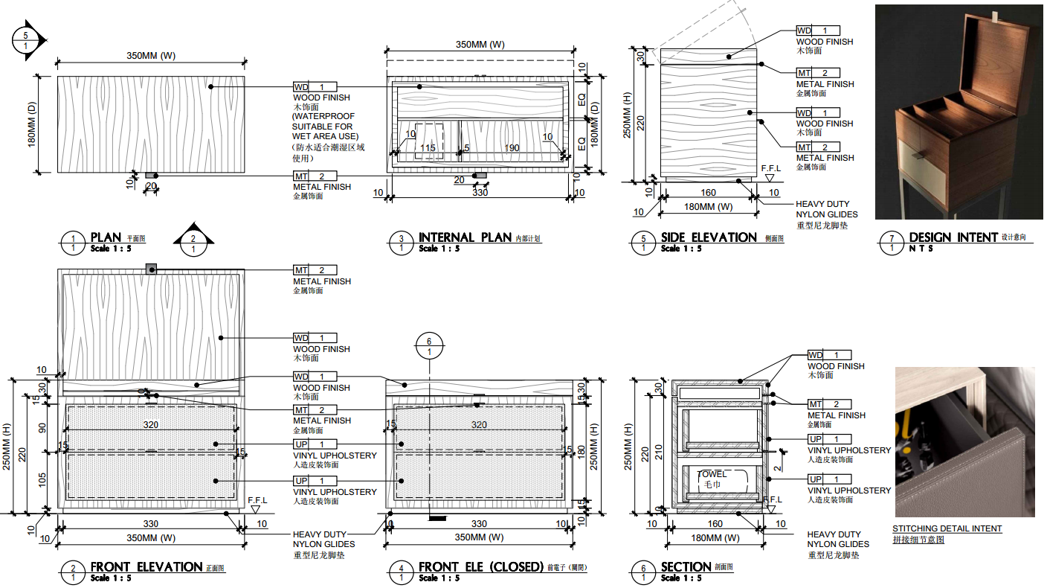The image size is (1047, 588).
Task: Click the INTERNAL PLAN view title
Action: [x=465, y=237]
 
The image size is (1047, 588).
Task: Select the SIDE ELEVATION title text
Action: [x=709, y=237]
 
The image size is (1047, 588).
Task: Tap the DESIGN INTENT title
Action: [x=953, y=237]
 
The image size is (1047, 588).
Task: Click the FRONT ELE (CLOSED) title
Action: [x=480, y=567]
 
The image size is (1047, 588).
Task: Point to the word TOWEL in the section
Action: [x=712, y=474]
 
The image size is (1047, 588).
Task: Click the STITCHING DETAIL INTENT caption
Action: [x=947, y=528]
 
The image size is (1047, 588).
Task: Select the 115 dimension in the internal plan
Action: [x=428, y=148]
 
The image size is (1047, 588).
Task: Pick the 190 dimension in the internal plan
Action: [x=512, y=148]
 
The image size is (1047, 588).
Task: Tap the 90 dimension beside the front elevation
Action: [x=43, y=427]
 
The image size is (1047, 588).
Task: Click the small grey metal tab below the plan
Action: [x=151, y=176]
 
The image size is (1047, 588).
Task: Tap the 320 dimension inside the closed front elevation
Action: [x=479, y=425]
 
